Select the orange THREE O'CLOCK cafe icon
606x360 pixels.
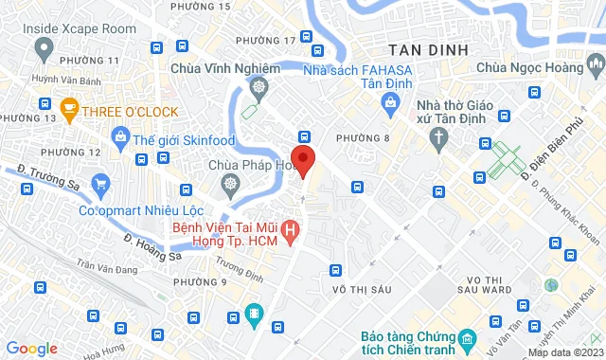[68, 110]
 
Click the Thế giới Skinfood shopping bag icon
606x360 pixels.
[120, 139]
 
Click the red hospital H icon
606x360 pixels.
[292, 228]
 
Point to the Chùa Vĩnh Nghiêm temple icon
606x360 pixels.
[258, 88]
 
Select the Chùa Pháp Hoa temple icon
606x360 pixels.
[228, 183]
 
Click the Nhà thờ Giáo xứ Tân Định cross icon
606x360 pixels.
[438, 139]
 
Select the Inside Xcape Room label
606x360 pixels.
[80, 29]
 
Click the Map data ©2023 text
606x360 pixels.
[564, 352]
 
